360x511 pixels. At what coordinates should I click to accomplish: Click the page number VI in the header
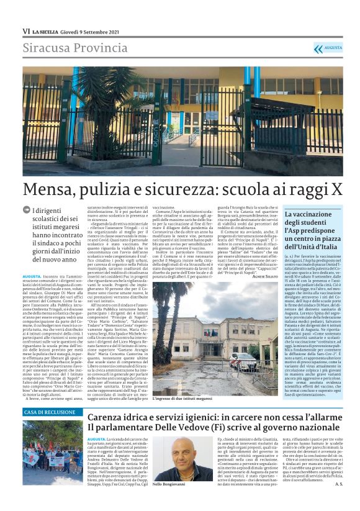[x=26, y=31]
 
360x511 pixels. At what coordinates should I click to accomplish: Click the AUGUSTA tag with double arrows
[x=327, y=48]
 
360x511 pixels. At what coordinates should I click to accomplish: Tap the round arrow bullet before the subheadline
[x=26, y=211]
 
